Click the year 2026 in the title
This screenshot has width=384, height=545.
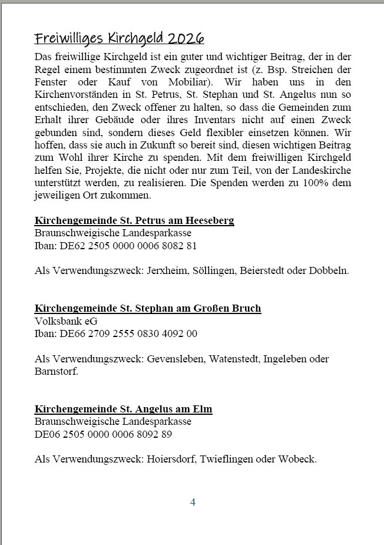(x=186, y=39)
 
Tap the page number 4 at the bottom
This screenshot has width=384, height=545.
(x=193, y=502)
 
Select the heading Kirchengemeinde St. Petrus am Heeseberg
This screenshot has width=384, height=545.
(x=134, y=221)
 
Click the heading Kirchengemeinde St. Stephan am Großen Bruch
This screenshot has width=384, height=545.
(x=148, y=308)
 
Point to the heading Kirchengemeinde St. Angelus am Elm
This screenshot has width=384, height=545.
(x=124, y=409)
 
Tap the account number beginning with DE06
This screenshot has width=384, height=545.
(x=104, y=434)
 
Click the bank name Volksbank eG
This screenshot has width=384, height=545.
(x=66, y=321)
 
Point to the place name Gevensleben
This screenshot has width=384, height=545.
(x=173, y=359)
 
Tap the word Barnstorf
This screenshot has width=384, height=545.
(x=55, y=372)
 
